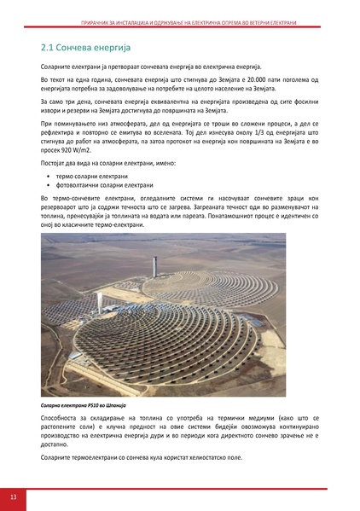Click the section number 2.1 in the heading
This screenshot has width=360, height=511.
pyautogui.click(x=49, y=46)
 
